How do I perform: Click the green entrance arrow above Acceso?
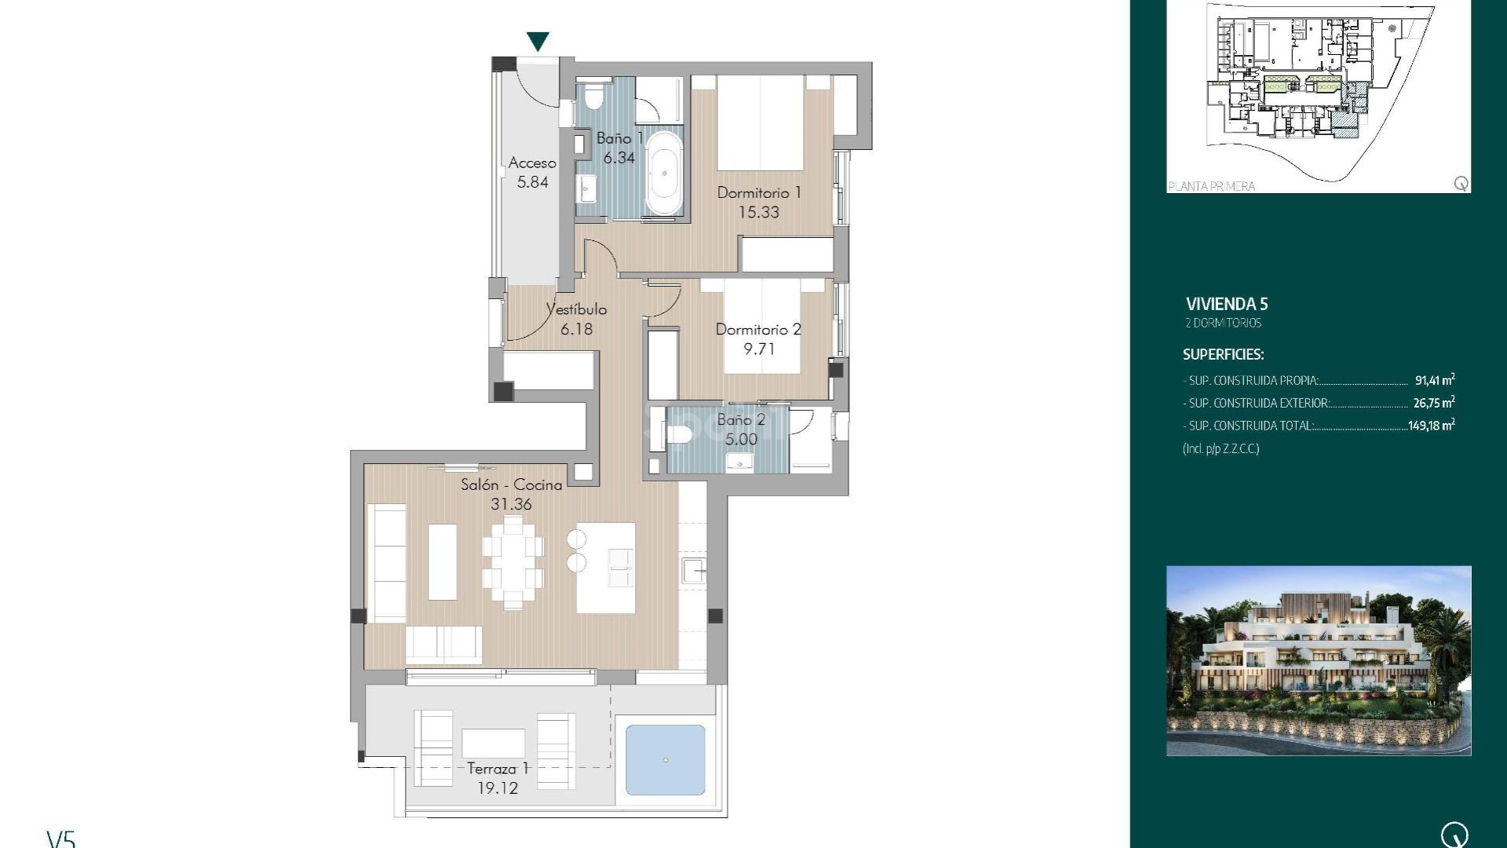click(x=538, y=41)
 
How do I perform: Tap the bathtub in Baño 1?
click(x=664, y=173)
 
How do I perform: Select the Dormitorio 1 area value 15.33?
click(x=758, y=212)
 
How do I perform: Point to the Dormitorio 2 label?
click(x=758, y=330)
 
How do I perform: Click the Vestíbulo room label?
click(x=577, y=309)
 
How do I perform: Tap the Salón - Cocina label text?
click(x=511, y=485)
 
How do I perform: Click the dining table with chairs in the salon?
click(x=513, y=561)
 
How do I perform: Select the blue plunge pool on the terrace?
click(x=666, y=759)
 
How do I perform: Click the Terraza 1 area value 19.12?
click(x=498, y=788)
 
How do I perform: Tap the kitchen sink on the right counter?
click(x=693, y=571)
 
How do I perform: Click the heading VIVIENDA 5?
click(x=1227, y=305)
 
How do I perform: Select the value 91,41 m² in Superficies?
click(x=1434, y=381)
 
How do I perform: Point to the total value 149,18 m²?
click(x=1431, y=426)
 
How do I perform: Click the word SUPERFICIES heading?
click(x=1223, y=355)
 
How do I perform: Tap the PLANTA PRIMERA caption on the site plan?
click(x=1212, y=186)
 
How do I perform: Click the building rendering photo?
click(x=1319, y=660)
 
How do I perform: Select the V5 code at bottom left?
click(x=61, y=839)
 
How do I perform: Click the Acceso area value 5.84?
click(x=532, y=182)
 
